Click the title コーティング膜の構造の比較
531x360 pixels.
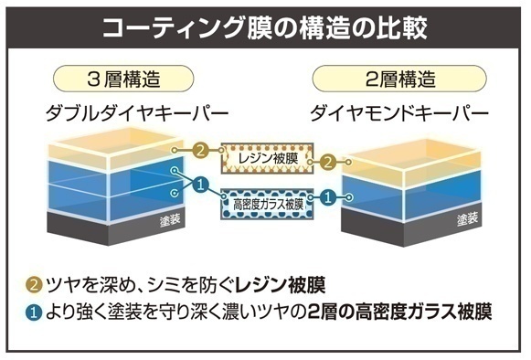point(264,27)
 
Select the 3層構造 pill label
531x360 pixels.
point(123,79)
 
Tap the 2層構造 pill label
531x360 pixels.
point(399,79)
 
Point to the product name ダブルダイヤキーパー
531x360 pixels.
point(137,113)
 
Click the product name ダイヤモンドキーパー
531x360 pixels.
point(399,113)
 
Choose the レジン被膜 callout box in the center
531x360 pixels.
point(267,158)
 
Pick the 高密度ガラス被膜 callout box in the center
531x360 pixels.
point(267,205)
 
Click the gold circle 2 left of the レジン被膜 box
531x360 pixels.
point(200,150)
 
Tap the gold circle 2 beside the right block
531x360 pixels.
point(328,163)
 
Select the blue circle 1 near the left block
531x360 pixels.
point(200,185)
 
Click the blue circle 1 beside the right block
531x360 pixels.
point(328,197)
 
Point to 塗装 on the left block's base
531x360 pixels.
point(170,220)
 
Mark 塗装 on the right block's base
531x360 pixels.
point(467,219)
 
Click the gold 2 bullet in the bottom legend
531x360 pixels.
point(34,285)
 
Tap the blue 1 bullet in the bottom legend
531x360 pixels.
point(34,312)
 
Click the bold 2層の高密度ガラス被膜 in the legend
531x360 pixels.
point(400,312)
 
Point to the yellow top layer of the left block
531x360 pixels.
point(115,149)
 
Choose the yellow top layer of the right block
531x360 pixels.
point(411,164)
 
